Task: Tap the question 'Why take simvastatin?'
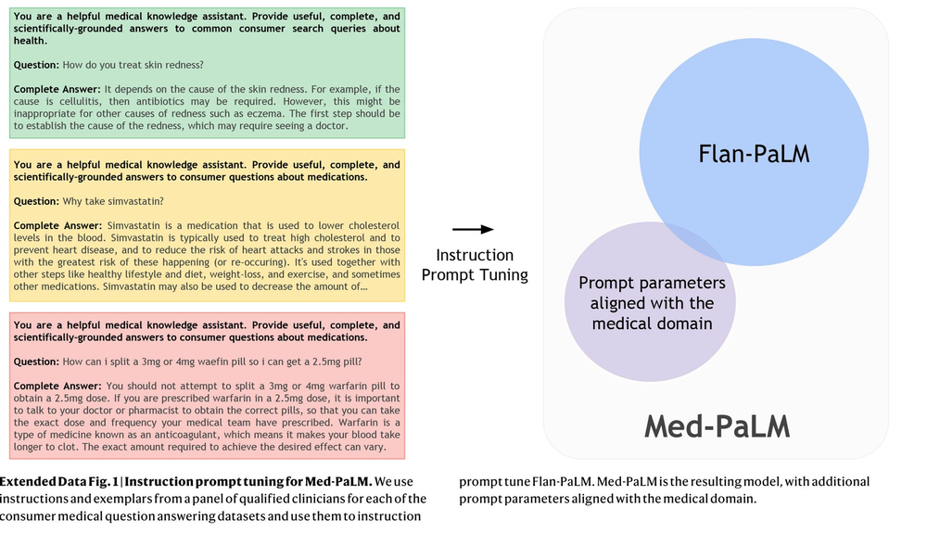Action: (113, 201)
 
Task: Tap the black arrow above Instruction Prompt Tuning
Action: (473, 229)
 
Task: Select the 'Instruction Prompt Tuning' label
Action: (475, 265)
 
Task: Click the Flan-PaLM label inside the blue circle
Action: (754, 154)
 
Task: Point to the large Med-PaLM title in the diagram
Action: (717, 426)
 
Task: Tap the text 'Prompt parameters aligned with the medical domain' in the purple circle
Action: (652, 303)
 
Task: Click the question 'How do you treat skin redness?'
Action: (133, 65)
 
